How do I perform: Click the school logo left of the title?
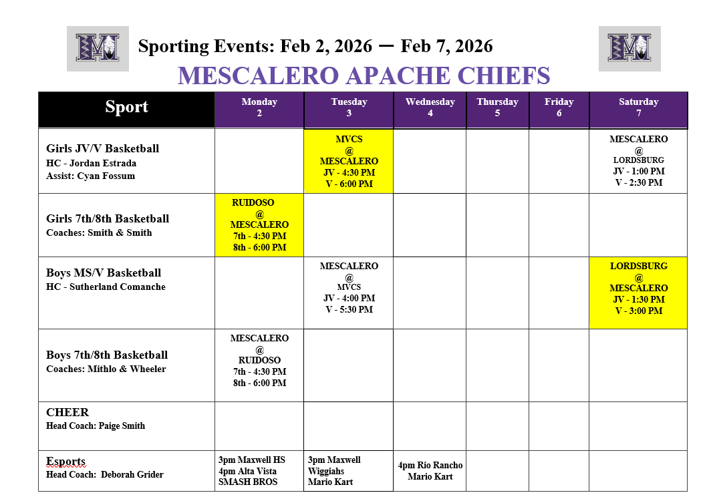[x=98, y=48]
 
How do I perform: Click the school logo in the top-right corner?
[x=629, y=48]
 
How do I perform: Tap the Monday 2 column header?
[x=259, y=108]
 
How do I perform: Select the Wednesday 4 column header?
[x=430, y=108]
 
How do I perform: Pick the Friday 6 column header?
[x=559, y=108]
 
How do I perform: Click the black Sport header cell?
[x=126, y=108]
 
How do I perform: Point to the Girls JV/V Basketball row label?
[x=102, y=148]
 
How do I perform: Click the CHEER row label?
[x=67, y=412]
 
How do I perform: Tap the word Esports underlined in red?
[x=65, y=462]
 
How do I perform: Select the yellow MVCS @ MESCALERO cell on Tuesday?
[x=349, y=161]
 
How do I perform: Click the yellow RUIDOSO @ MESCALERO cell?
[x=259, y=225]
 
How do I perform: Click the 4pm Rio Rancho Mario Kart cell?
[x=430, y=471]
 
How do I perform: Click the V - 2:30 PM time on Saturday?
[x=638, y=182]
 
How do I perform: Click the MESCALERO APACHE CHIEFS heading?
[x=364, y=76]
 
